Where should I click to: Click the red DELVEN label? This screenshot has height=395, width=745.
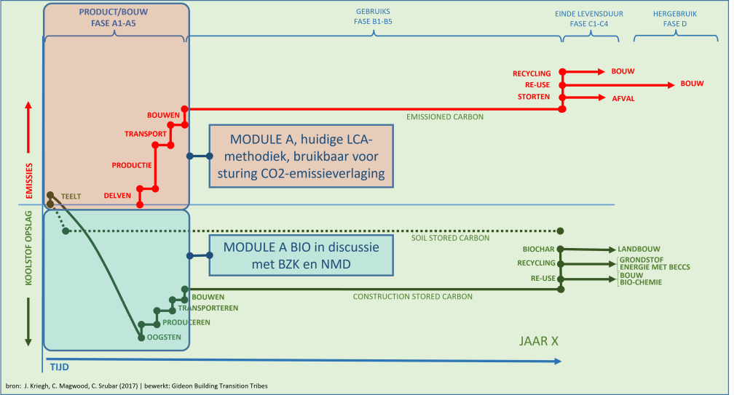(117, 196)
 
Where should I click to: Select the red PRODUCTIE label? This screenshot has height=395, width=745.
(132, 165)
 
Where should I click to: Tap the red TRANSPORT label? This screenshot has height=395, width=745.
(146, 134)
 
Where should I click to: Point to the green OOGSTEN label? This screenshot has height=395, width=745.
(164, 337)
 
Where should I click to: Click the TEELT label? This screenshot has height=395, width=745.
(71, 196)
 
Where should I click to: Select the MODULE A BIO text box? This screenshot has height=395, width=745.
(301, 255)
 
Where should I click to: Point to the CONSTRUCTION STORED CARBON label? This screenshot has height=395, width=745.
(413, 297)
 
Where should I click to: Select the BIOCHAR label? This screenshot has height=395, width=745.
(539, 249)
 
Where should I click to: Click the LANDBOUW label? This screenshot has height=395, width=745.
(638, 249)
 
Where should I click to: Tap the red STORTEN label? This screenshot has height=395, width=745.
(534, 97)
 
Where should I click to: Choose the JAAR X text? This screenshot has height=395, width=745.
(539, 340)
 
